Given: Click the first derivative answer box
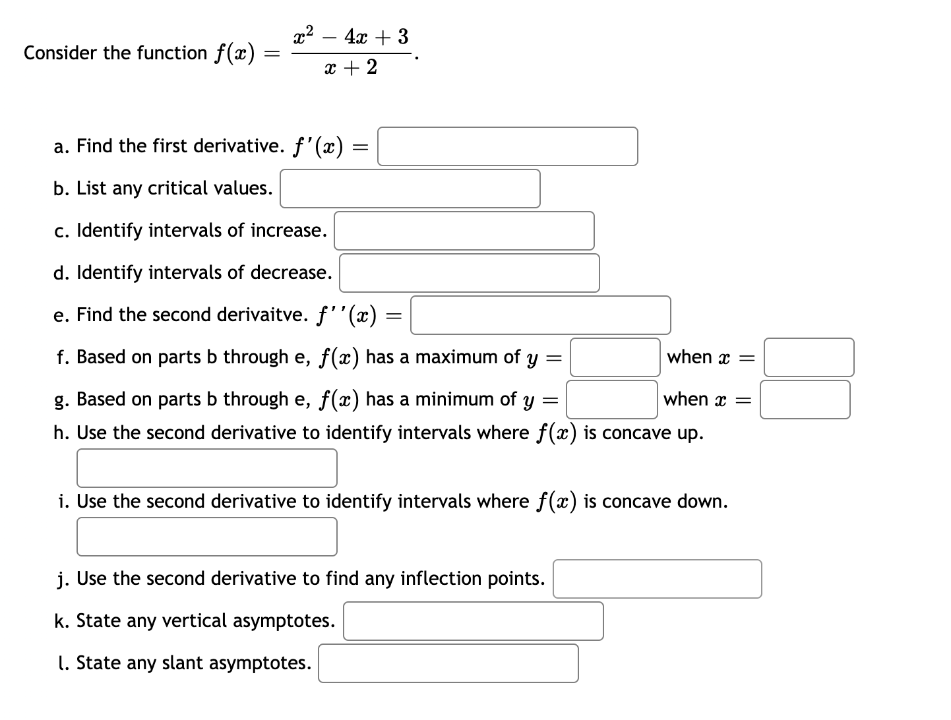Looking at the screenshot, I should click(x=507, y=146).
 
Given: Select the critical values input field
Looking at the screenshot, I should click(x=410, y=189).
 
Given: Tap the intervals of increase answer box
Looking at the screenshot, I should click(x=464, y=231).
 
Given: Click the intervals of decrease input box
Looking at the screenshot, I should click(x=469, y=273).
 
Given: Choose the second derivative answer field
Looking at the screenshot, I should click(x=540, y=315).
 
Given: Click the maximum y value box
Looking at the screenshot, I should click(x=615, y=357).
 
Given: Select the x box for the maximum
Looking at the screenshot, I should click(x=809, y=357).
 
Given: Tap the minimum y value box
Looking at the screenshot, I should click(x=611, y=400).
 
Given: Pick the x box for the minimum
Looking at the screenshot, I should click(x=805, y=400).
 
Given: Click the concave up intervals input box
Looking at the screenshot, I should click(x=206, y=468).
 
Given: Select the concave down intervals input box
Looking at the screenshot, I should click(x=206, y=537).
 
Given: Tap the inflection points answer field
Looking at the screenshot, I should click(x=657, y=579).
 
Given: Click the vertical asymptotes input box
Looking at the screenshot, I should click(x=473, y=621).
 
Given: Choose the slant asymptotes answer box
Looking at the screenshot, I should click(x=448, y=663).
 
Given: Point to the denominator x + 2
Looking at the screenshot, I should click(x=351, y=67).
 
